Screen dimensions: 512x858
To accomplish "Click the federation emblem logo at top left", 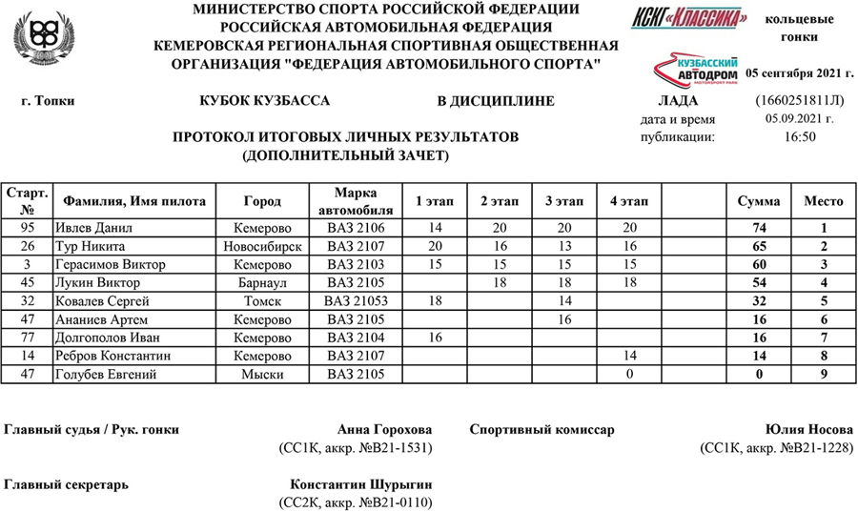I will click(x=38, y=38).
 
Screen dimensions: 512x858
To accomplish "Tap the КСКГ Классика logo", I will click(x=688, y=18).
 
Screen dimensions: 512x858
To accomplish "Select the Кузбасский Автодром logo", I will click(x=692, y=68).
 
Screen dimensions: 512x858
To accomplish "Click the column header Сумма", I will click(x=759, y=201).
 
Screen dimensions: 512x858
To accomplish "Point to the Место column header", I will click(x=824, y=201).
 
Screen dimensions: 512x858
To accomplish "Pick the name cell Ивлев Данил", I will click(x=96, y=228).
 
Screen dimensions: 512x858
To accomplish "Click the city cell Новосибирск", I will click(x=262, y=246).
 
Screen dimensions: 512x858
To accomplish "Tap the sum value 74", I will click(x=759, y=228).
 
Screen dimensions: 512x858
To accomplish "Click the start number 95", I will click(x=27, y=228).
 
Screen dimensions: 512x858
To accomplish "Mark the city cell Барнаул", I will click(x=262, y=282).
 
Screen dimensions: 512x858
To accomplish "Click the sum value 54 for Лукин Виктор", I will click(x=759, y=282).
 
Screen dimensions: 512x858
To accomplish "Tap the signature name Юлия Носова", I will click(x=809, y=429).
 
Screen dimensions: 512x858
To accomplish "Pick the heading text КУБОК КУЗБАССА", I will click(x=265, y=101).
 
